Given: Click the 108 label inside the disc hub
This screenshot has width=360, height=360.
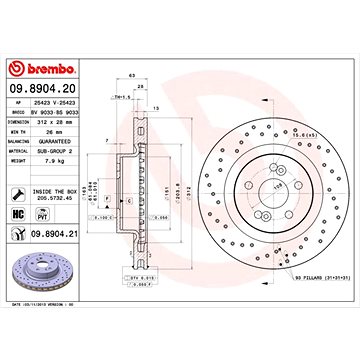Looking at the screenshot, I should point(268,187).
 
